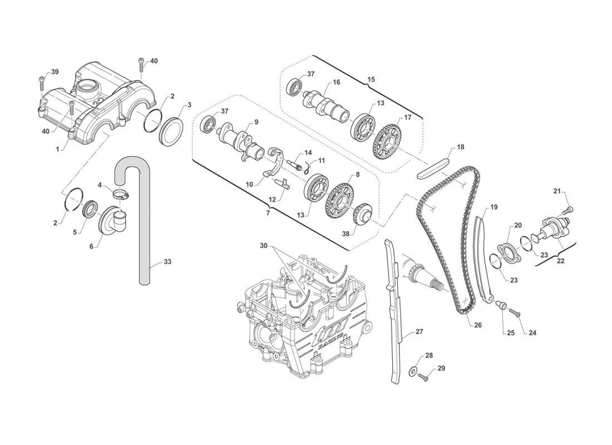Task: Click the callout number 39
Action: pos(55,72)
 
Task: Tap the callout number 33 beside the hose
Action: pos(167,261)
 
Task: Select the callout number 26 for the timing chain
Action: pos(478,325)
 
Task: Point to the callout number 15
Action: pos(371,80)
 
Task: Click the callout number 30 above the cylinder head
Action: pos(264,245)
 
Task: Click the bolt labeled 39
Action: pos(42,83)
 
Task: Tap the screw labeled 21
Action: pos(567,210)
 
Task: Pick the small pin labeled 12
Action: pos(282,183)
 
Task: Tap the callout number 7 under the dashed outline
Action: pos(268,213)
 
